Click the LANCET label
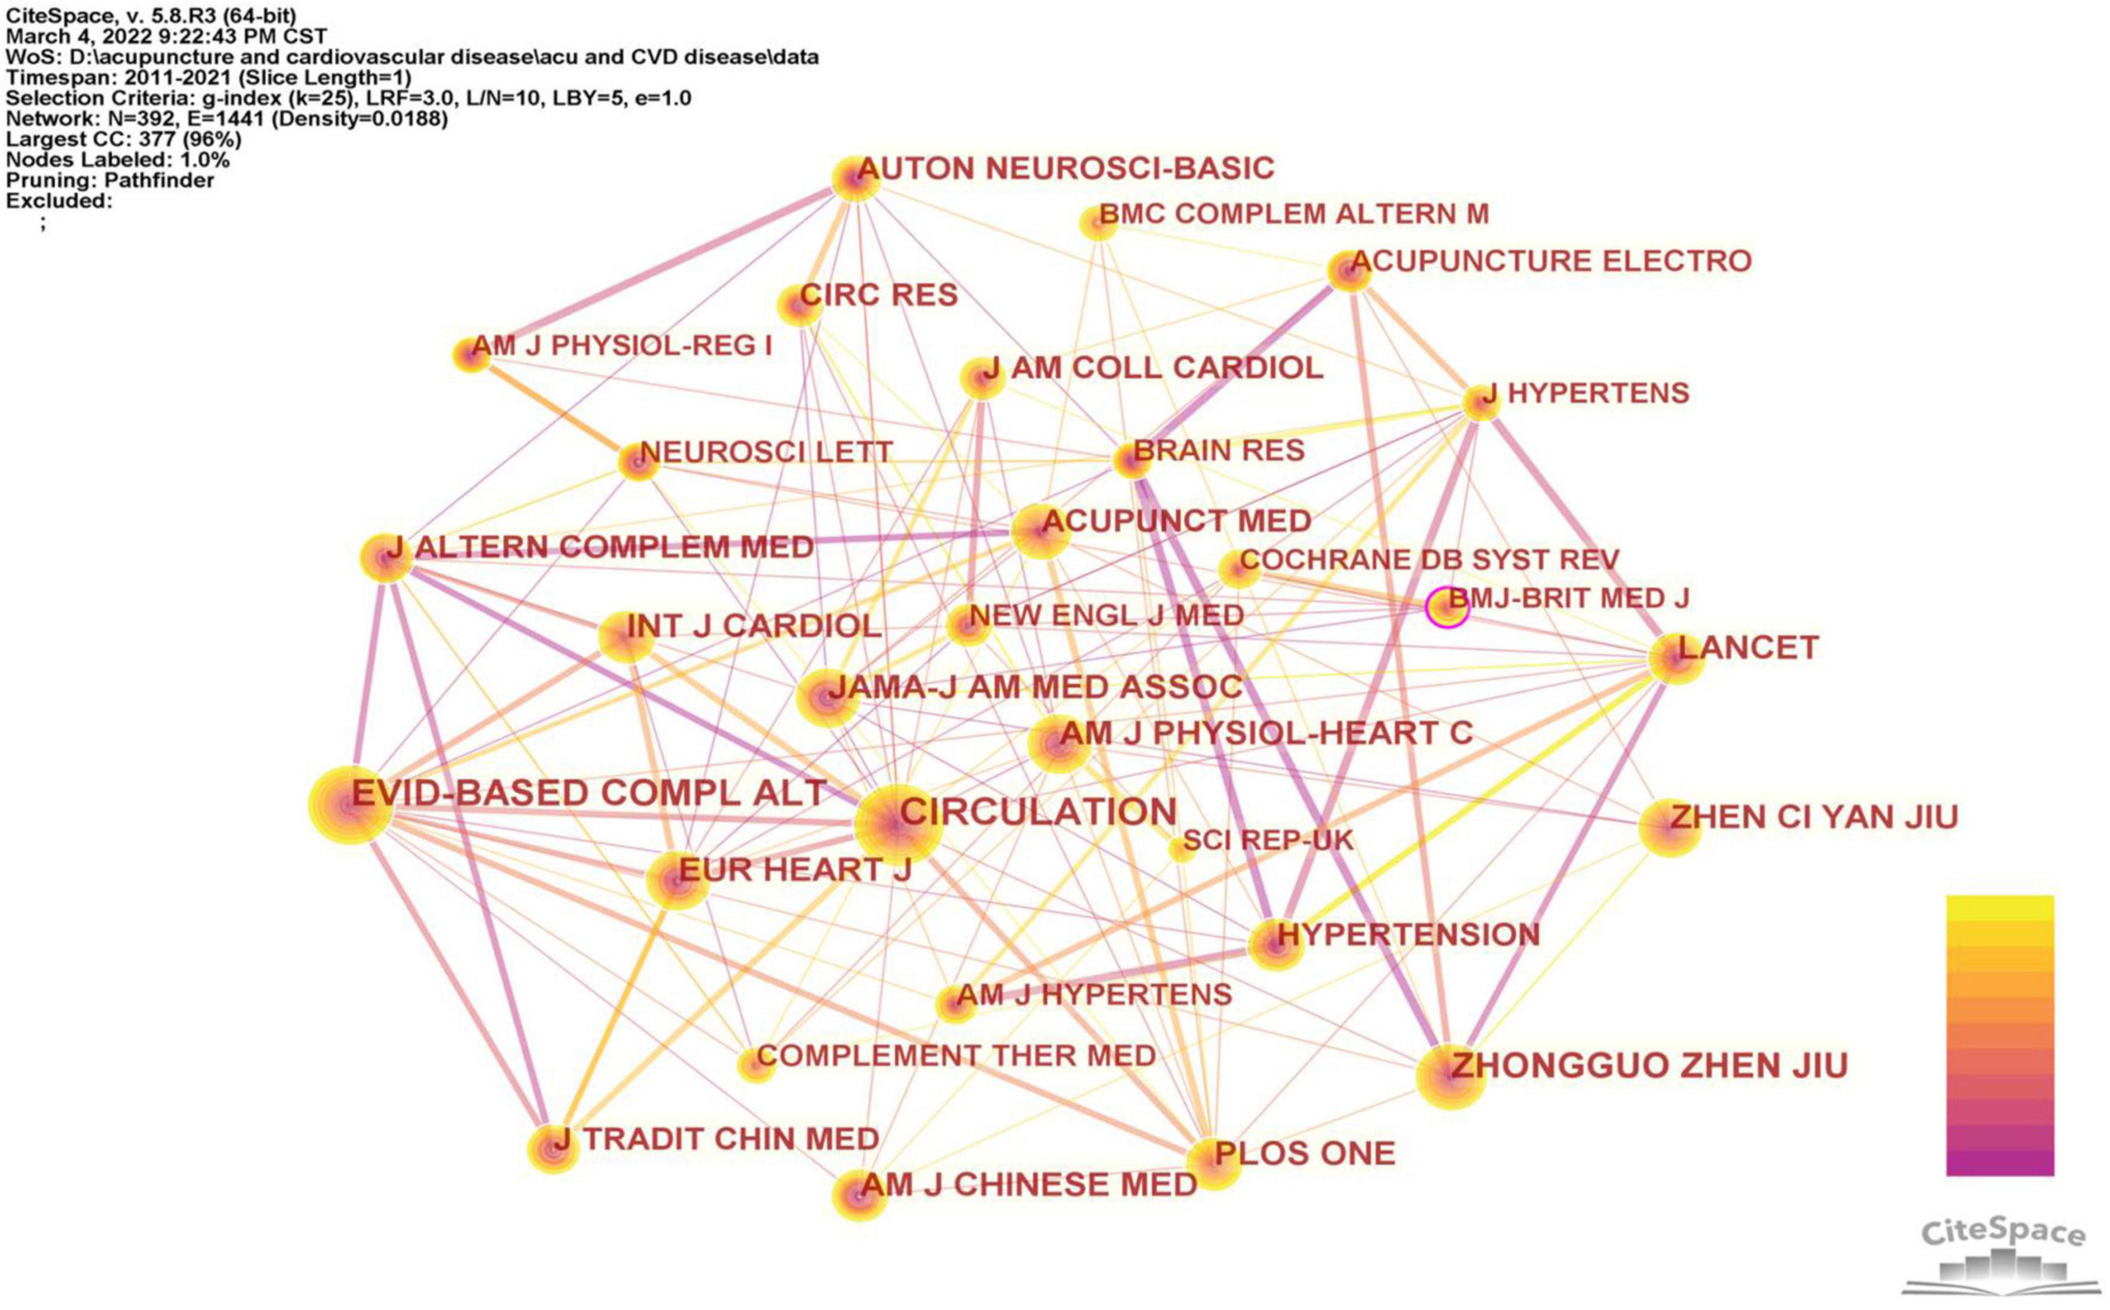(1748, 648)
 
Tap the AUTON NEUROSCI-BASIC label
(1066, 168)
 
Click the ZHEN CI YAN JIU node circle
(1670, 827)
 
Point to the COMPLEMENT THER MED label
(956, 1055)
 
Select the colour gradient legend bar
(1999, 1035)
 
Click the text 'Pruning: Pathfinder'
(110, 180)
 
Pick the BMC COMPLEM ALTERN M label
(1293, 214)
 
